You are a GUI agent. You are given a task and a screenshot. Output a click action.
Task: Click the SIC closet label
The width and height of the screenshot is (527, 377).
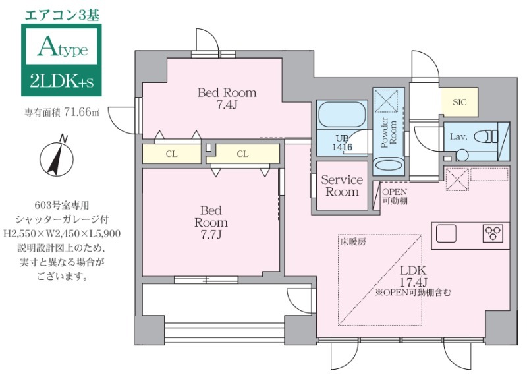pyautogui.click(x=459, y=102)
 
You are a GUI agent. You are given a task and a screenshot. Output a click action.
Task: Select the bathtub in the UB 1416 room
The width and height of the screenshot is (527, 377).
pyautogui.click(x=341, y=116)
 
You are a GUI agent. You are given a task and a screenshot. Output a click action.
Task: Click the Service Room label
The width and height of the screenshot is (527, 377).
pyautogui.click(x=341, y=186)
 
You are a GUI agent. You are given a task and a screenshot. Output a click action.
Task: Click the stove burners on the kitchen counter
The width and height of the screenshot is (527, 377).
pyautogui.click(x=493, y=233)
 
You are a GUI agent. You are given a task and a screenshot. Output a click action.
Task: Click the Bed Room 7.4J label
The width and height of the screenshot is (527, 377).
pyautogui.click(x=227, y=98)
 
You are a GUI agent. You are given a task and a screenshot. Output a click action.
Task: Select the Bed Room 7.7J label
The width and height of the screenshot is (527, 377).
pyautogui.click(x=210, y=222)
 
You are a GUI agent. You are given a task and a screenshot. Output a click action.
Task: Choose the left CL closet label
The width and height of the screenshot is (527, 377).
pyautogui.click(x=171, y=154)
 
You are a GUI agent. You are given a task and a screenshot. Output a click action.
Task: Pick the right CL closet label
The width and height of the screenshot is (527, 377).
pyautogui.click(x=242, y=154)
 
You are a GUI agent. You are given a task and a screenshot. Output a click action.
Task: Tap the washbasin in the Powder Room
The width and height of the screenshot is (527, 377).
pyautogui.click(x=388, y=165)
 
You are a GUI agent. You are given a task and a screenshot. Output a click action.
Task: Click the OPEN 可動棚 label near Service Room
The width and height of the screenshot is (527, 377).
pyautogui.click(x=395, y=195)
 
